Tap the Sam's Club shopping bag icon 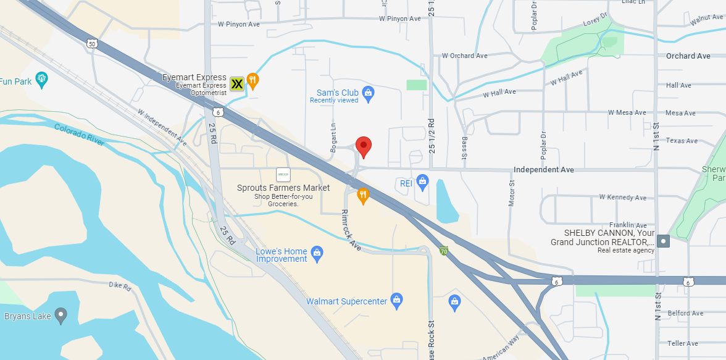pos(369,93)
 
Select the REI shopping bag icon pos(422,181)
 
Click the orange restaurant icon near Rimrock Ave pos(363,196)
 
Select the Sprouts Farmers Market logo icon pos(283,175)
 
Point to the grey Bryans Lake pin pos(60,316)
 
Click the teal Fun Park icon pos(41,78)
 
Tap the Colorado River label pos(79,134)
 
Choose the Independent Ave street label pos(544,170)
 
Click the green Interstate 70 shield pos(443,251)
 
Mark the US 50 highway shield pos(92,43)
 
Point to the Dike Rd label pos(120,287)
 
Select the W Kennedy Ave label pos(623,198)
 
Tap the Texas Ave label pos(682,141)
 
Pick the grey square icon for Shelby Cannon pos(663,241)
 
